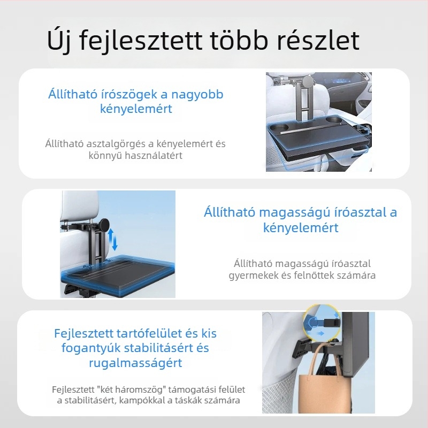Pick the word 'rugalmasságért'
135,363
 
